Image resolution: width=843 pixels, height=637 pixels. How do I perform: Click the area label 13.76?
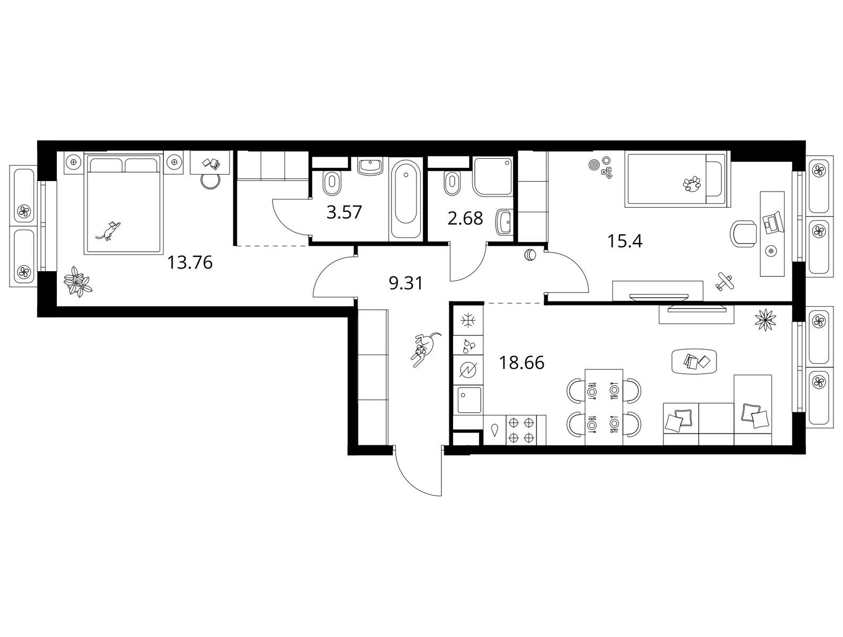(x=190, y=263)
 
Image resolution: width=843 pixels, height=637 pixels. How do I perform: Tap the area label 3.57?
(x=344, y=212)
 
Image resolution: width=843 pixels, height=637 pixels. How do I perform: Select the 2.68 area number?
(x=465, y=218)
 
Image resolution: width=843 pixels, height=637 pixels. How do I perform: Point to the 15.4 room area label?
(x=625, y=241)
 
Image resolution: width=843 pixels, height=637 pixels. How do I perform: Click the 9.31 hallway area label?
(x=405, y=283)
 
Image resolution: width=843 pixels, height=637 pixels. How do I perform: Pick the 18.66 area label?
(x=521, y=363)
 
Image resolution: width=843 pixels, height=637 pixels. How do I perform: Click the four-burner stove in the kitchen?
(x=522, y=430)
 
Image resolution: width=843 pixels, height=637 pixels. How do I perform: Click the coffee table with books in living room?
(x=694, y=361)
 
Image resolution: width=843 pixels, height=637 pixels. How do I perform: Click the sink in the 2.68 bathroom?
(x=504, y=222)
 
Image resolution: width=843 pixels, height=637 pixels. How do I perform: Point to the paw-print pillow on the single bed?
(x=692, y=184)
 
